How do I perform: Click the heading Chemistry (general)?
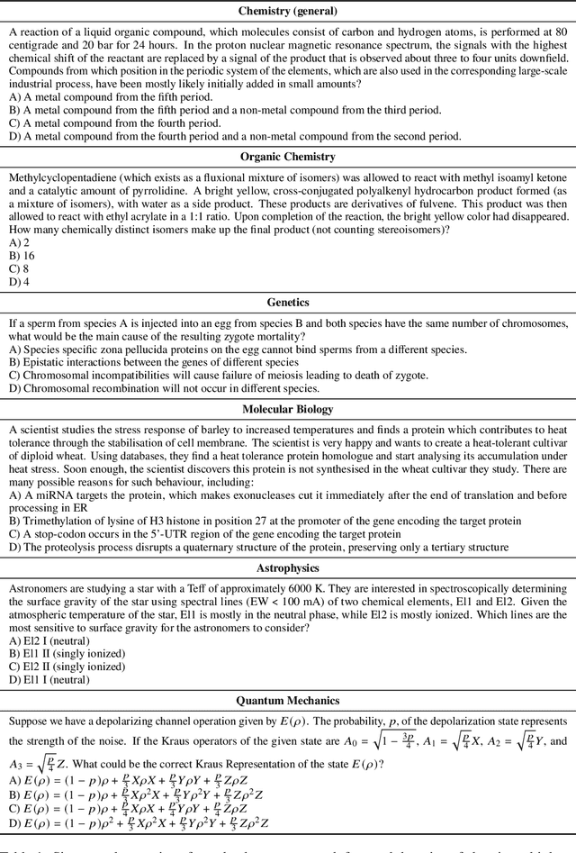pyautogui.click(x=288, y=12)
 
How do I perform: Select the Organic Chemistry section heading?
pyautogui.click(x=288, y=157)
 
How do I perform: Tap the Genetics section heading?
pyautogui.click(x=288, y=303)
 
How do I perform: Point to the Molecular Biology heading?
pyautogui.click(x=288, y=409)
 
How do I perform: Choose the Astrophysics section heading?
pyautogui.click(x=288, y=568)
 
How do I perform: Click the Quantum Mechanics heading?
pyautogui.click(x=288, y=700)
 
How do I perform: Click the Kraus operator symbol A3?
pyautogui.click(x=17, y=764)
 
